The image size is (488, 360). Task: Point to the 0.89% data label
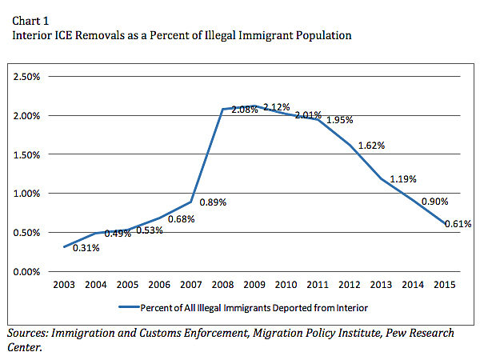[x=214, y=202]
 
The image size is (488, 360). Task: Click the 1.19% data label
[x=403, y=179]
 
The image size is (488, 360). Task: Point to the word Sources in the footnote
[x=30, y=332]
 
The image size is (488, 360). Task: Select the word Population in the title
[x=322, y=35]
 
